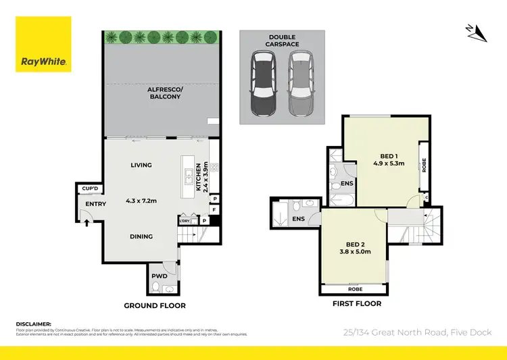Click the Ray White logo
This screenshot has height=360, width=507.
44,44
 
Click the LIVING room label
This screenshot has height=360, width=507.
141,165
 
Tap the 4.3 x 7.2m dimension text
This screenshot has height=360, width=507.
141,200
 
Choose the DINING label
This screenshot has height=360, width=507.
141,236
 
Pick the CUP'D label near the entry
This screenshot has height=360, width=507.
90,189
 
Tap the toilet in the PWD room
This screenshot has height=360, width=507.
157,288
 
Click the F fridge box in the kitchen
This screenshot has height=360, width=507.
214,210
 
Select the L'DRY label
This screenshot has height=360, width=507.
185,221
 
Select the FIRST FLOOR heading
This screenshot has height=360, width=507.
356,304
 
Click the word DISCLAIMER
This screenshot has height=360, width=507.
34,324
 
